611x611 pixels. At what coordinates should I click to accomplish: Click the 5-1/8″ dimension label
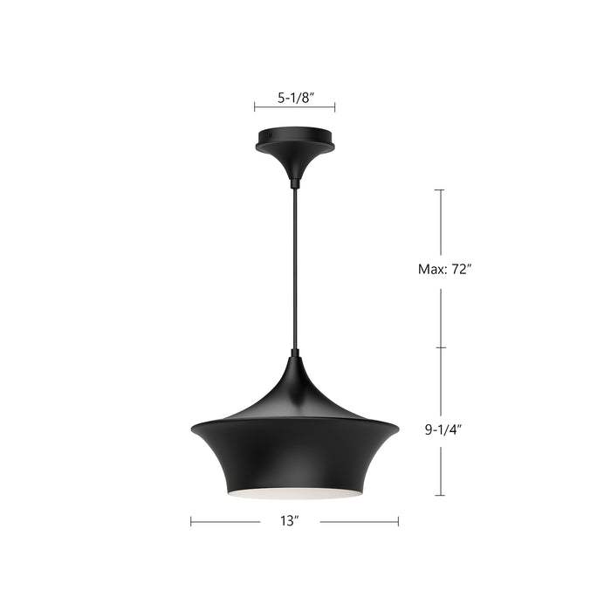(294, 98)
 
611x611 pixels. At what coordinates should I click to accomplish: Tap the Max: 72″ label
(444, 269)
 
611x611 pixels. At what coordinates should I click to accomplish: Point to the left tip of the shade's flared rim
(192, 429)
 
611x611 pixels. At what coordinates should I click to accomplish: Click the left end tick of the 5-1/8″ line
(255, 107)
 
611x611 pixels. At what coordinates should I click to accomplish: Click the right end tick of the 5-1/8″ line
(335, 107)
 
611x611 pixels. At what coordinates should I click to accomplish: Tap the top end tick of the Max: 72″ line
(440, 189)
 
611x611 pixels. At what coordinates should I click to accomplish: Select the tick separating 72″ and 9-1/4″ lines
(440, 347)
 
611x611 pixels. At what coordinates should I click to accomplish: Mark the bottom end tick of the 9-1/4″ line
(440, 495)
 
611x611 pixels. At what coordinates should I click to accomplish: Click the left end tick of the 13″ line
(191, 522)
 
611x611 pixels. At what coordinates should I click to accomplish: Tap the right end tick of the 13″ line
(398, 522)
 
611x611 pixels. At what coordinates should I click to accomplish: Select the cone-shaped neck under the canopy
(295, 163)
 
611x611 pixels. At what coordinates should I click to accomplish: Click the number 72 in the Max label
(461, 269)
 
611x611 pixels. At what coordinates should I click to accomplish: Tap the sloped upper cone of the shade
(295, 388)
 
